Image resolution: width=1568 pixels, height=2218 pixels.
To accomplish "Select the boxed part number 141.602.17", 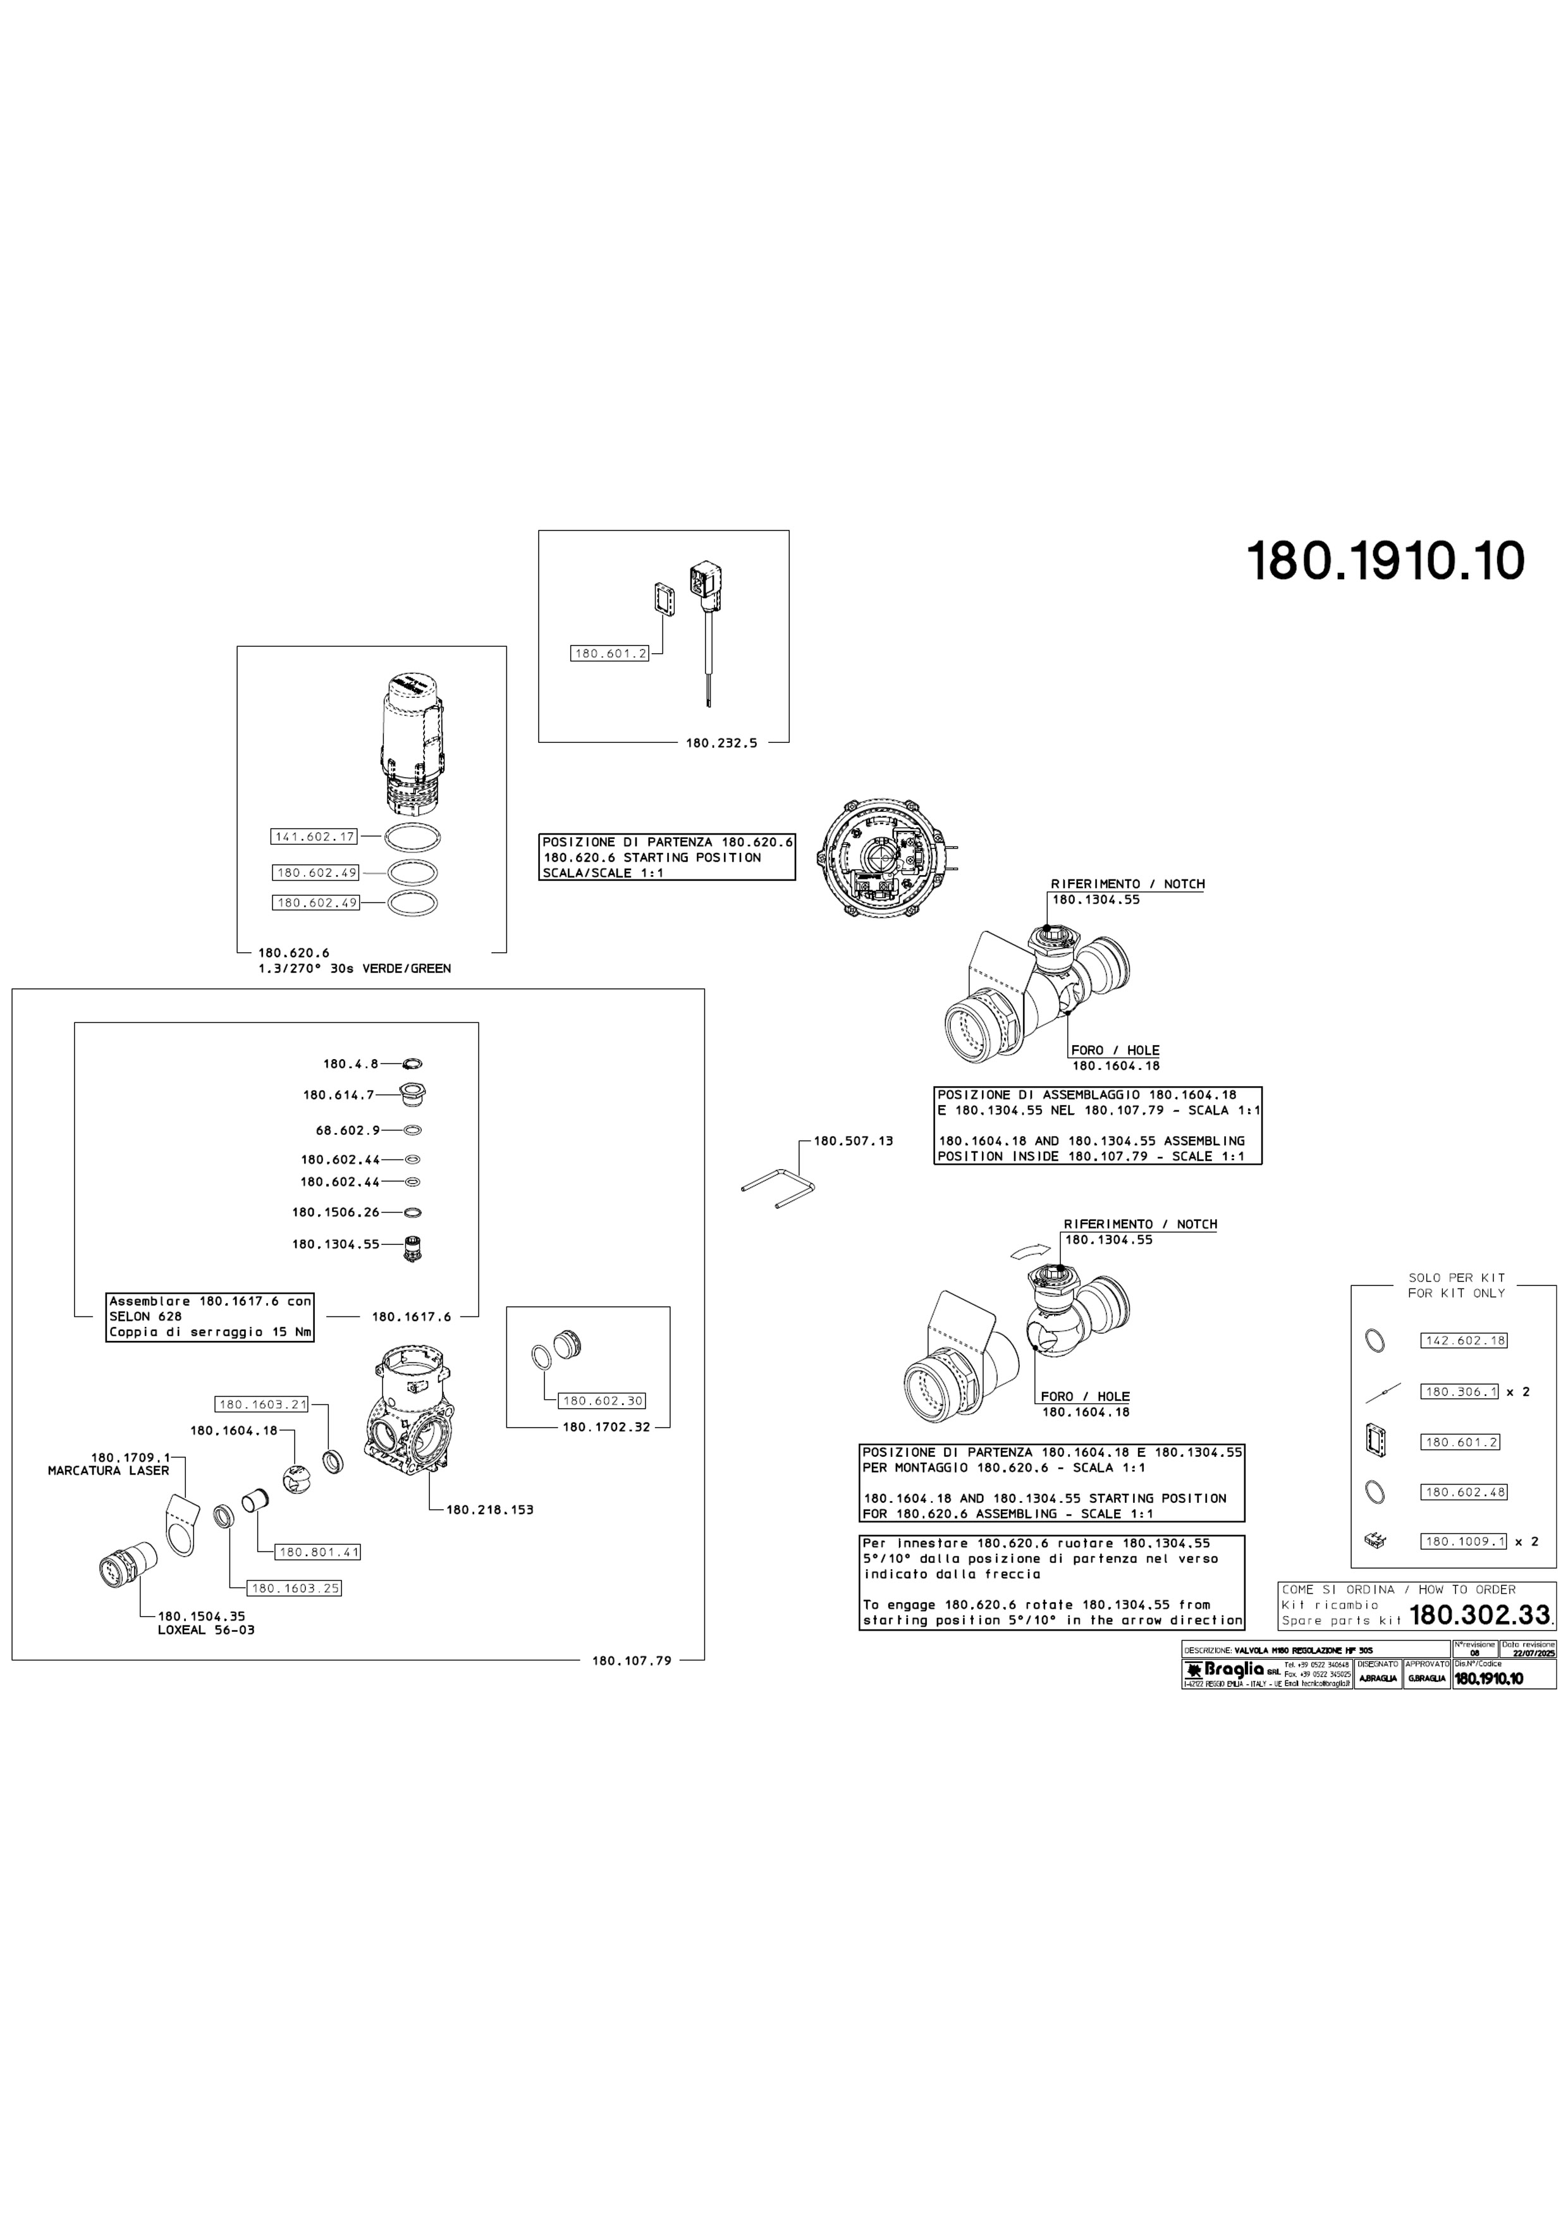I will pos(315,836).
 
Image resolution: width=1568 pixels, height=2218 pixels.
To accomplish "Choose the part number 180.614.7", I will pos(339,1094).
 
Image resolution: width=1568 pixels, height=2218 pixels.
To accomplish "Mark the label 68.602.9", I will pos(348,1129).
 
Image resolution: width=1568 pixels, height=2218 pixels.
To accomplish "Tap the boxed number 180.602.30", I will pos(603,1400).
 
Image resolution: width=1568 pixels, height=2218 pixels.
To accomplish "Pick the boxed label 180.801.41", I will pos(319,1552).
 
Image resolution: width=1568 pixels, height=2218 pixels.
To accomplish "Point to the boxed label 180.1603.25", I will pos(295,1588).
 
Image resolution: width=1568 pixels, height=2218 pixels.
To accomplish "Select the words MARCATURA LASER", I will pos(108,1470).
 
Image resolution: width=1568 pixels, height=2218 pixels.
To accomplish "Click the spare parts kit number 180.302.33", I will pos(1479,1614).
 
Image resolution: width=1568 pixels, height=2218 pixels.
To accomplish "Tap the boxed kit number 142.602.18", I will pos(1464,1341).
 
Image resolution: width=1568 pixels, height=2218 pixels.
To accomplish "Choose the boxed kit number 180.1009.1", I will pos(1464,1541).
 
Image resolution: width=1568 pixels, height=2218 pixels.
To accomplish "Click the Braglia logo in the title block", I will pos(1223,1671).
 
